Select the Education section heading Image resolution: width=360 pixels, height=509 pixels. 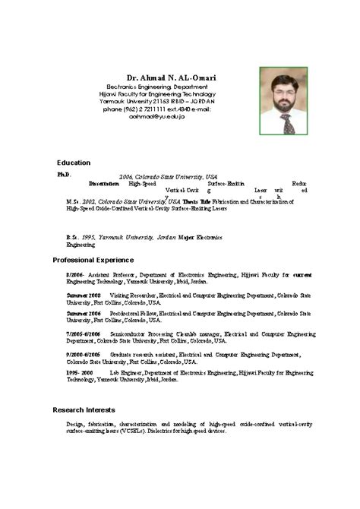point(74,163)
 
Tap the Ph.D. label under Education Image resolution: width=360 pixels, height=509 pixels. point(64,174)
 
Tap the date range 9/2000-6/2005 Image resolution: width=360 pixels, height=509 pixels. point(84,354)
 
